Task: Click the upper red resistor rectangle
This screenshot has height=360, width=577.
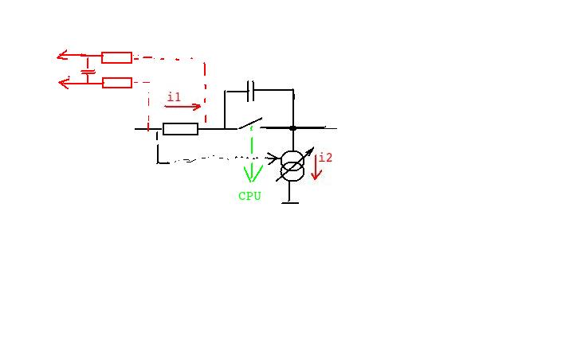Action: click(x=116, y=57)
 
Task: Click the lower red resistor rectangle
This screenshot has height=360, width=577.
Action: click(x=117, y=83)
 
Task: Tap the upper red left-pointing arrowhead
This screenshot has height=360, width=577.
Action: click(x=62, y=55)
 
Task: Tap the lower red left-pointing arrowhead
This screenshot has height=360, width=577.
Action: click(x=65, y=83)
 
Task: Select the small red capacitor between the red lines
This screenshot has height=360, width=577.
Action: click(x=88, y=72)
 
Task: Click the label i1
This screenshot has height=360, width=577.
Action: click(x=174, y=97)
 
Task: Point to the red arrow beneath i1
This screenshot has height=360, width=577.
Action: click(x=183, y=107)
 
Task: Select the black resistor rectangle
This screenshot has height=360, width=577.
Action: click(x=180, y=129)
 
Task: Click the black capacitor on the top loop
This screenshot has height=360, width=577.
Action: click(x=250, y=90)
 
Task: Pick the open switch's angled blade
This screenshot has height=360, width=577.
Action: click(x=250, y=123)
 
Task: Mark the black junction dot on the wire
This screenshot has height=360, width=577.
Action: click(x=292, y=128)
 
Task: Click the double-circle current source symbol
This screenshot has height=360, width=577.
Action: click(x=292, y=166)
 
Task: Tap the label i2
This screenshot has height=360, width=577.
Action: click(x=326, y=158)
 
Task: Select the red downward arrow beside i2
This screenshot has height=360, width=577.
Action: click(x=316, y=167)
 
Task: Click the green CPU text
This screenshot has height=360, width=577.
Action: click(x=249, y=196)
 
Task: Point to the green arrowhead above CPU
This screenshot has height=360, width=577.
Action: click(x=253, y=174)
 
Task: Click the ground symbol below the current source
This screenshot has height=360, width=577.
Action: click(x=290, y=202)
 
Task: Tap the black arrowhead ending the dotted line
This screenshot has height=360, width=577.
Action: click(x=274, y=158)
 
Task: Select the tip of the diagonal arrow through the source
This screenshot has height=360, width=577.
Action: click(x=314, y=147)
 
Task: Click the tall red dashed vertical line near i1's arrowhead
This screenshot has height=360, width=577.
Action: click(x=205, y=92)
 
